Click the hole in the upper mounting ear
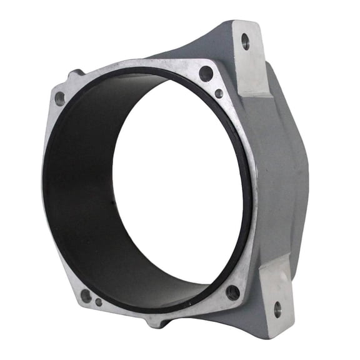[245, 42]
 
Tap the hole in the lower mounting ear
[277, 307]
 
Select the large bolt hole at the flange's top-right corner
[206, 73]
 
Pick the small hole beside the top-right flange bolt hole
[219, 93]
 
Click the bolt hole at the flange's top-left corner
[59, 98]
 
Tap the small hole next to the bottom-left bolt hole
[99, 303]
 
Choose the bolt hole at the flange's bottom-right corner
[233, 291]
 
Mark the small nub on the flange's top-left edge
[76, 74]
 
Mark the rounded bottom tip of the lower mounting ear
[278, 331]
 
